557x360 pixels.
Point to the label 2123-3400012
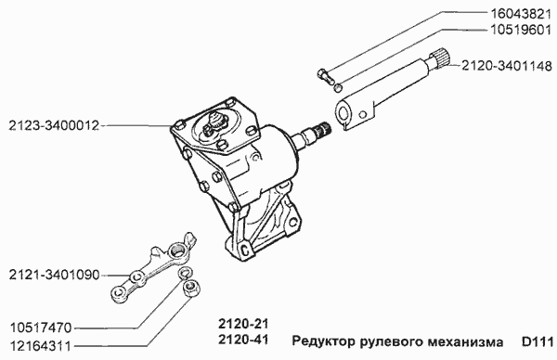[53, 123]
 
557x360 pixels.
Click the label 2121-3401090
[53, 275]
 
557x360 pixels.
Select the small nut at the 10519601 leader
[340, 87]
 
